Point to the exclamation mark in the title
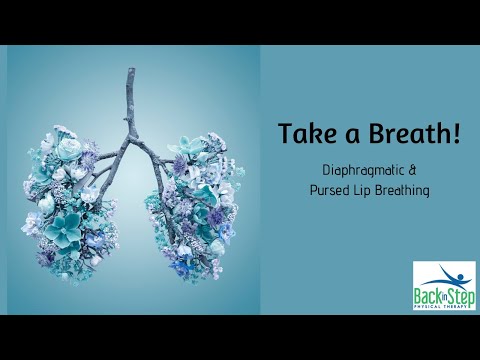pyautogui.click(x=457, y=134)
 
